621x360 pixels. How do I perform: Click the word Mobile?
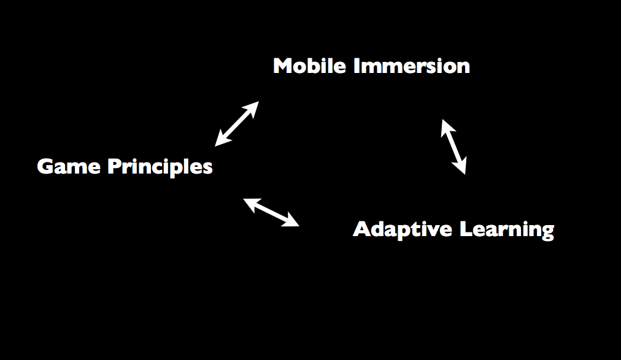tap(309, 66)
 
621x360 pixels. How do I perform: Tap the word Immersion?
tap(411, 66)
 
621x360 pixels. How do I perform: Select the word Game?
tap(69, 167)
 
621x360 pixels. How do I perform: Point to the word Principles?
tap(160, 167)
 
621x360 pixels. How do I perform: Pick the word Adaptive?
tap(403, 229)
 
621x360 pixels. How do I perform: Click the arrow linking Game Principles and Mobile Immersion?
tap(237, 124)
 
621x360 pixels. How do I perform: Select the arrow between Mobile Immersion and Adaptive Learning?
tap(453, 147)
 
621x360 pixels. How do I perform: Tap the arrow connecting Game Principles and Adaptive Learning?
tap(271, 212)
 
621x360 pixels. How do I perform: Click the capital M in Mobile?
tap(283, 66)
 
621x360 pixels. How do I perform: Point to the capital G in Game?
tap(45, 167)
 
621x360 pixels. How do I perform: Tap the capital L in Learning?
tap(465, 229)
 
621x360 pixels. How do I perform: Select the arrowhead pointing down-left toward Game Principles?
tap(222, 139)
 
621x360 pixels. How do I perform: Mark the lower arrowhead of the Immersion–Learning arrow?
tap(461, 167)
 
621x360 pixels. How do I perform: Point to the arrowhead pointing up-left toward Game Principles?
tap(250, 204)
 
